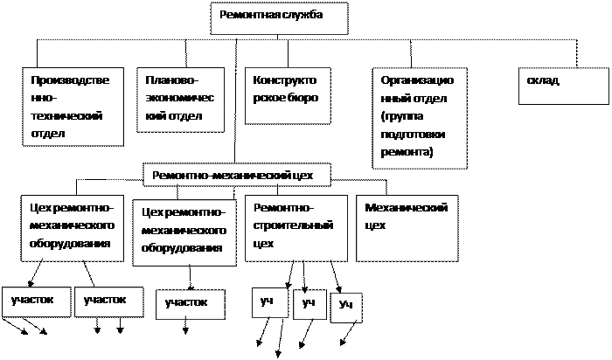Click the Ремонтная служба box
click(x=279, y=18)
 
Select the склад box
click(x=564, y=86)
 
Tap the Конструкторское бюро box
click(x=288, y=96)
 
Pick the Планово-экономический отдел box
click(x=180, y=100)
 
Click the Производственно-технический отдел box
click(x=73, y=107)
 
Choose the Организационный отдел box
click(x=420, y=118)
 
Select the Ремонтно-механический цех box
click(x=237, y=175)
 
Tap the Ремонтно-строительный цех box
click(x=296, y=228)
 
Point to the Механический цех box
click(x=407, y=228)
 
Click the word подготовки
click(x=413, y=135)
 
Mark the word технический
click(x=66, y=116)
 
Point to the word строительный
click(x=293, y=225)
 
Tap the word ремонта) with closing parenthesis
click(x=407, y=152)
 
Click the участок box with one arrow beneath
click(x=191, y=304)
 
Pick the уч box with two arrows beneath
click(x=270, y=302)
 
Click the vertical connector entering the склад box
click(x=577, y=53)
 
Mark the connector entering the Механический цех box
click(x=386, y=187)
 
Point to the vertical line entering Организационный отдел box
click(x=411, y=54)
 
